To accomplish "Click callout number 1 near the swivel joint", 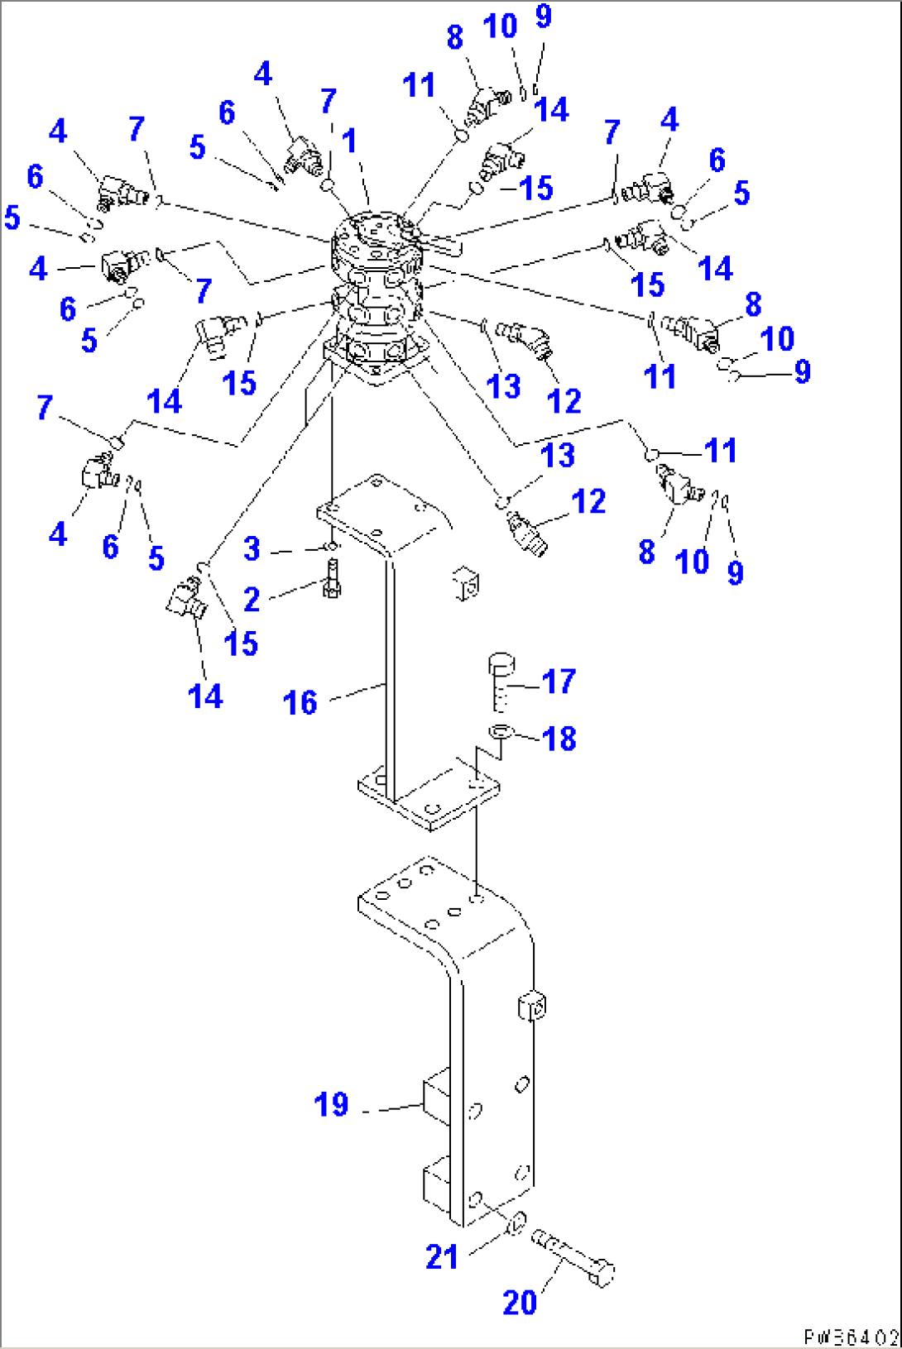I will click(x=349, y=141).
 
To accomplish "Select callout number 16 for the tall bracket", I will click(x=300, y=703).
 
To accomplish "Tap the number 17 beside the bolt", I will click(x=559, y=682).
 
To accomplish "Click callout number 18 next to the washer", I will click(x=559, y=739).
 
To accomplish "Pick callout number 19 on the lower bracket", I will click(x=331, y=1105).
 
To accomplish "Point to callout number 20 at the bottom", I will click(x=520, y=1303).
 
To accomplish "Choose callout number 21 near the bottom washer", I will click(x=442, y=1257).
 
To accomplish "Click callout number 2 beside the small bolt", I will click(x=252, y=600).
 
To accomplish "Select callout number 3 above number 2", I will click(x=252, y=548).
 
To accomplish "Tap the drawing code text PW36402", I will click(x=851, y=1337).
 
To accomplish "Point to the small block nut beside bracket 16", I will click(x=467, y=583).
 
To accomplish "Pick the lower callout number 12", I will click(x=588, y=501).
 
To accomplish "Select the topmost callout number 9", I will click(x=544, y=15).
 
